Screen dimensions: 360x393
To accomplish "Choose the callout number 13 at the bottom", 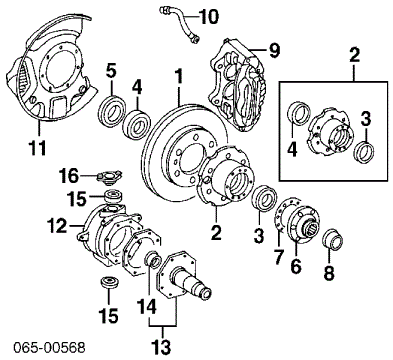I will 156,346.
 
